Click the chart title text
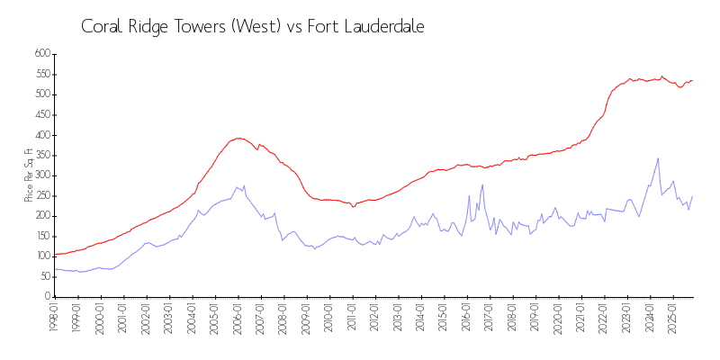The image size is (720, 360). [x=252, y=27]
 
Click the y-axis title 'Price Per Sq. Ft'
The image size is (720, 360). [x=29, y=175]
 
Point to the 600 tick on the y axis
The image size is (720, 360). [x=41, y=54]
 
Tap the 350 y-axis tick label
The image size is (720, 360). [x=41, y=155]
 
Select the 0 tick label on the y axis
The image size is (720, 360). [x=47, y=297]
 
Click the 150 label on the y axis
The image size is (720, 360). [x=41, y=236]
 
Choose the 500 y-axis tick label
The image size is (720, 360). [x=41, y=94]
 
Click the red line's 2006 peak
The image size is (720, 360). [x=238, y=138]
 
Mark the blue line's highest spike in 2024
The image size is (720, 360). [x=658, y=158]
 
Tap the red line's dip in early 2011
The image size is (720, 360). [x=354, y=206]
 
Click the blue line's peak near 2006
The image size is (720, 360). [x=243, y=186]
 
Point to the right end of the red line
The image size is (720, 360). [x=692, y=80]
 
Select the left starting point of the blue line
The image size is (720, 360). [x=55, y=269]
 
